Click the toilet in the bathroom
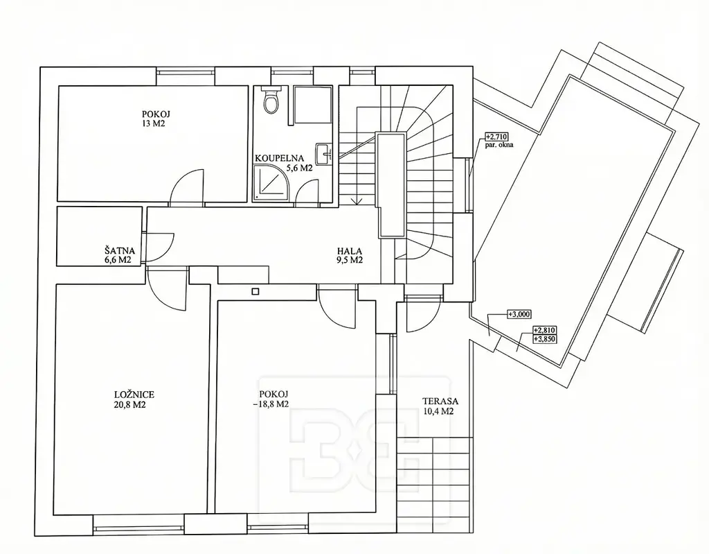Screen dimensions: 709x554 271,100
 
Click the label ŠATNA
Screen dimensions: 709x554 120,250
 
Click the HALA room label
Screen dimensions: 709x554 350,251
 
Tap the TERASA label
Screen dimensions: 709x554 440,401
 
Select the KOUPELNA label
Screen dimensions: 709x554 279,159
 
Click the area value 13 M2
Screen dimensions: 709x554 153,123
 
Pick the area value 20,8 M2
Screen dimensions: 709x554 129,405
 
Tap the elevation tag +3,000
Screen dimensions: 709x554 519,314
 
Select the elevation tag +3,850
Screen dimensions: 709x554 545,339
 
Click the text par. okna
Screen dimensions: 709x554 500,146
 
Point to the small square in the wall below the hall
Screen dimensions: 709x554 255,292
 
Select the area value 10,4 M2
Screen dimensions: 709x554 438,411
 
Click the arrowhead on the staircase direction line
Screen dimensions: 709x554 357,202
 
